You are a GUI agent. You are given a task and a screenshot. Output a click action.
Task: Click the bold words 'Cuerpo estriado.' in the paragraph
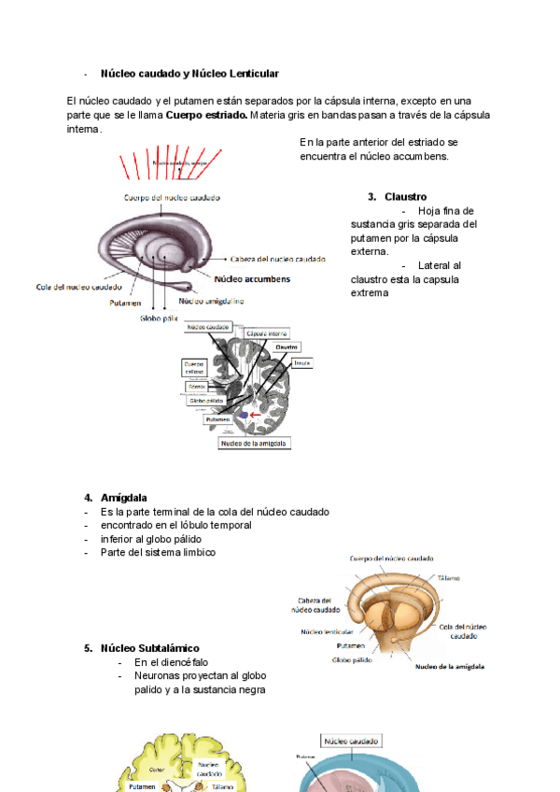(x=206, y=115)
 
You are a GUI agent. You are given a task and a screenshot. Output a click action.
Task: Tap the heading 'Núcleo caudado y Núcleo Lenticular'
(x=189, y=73)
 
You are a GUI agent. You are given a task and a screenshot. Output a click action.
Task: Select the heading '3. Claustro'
(x=398, y=197)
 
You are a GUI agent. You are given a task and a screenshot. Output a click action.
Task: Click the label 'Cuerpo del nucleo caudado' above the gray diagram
(x=173, y=197)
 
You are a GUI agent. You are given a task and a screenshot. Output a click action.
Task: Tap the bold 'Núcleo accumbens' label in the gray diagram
(x=252, y=278)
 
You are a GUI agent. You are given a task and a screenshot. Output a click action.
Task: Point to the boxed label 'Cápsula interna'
(x=267, y=333)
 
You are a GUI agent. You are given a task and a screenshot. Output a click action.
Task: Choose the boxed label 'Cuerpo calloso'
(x=194, y=368)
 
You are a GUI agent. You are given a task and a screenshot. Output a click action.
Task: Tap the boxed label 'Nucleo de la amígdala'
(x=254, y=444)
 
